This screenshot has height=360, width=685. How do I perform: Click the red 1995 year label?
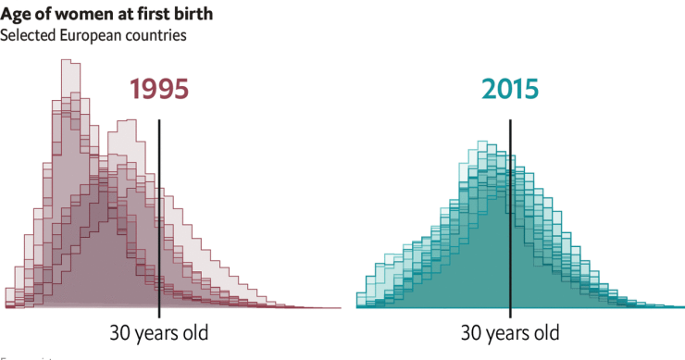(x=158, y=89)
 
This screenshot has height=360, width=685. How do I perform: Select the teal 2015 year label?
(x=509, y=89)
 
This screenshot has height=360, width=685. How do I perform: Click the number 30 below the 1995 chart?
(x=121, y=332)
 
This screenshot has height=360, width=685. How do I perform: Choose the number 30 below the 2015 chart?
(x=472, y=332)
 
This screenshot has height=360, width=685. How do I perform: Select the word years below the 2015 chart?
(x=510, y=332)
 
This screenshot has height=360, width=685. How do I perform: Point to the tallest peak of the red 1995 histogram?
(x=67, y=63)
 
